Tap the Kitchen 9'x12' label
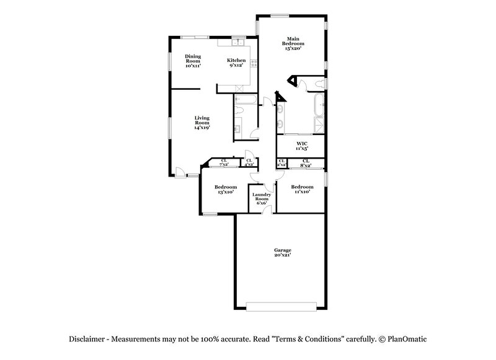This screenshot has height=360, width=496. click(x=236, y=63)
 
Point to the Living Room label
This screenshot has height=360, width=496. click(x=201, y=123)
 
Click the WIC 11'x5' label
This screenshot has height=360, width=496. click(x=302, y=146)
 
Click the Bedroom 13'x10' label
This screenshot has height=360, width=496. click(x=226, y=190)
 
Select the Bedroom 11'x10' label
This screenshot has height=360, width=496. click(x=302, y=190)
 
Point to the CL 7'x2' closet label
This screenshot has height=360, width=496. click(x=224, y=163)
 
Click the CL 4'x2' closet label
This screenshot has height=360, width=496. click(x=249, y=163)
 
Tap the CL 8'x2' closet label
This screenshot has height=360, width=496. click(x=306, y=163)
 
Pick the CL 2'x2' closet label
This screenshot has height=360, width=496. click(x=281, y=163)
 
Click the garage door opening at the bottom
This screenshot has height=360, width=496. click(x=282, y=306)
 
